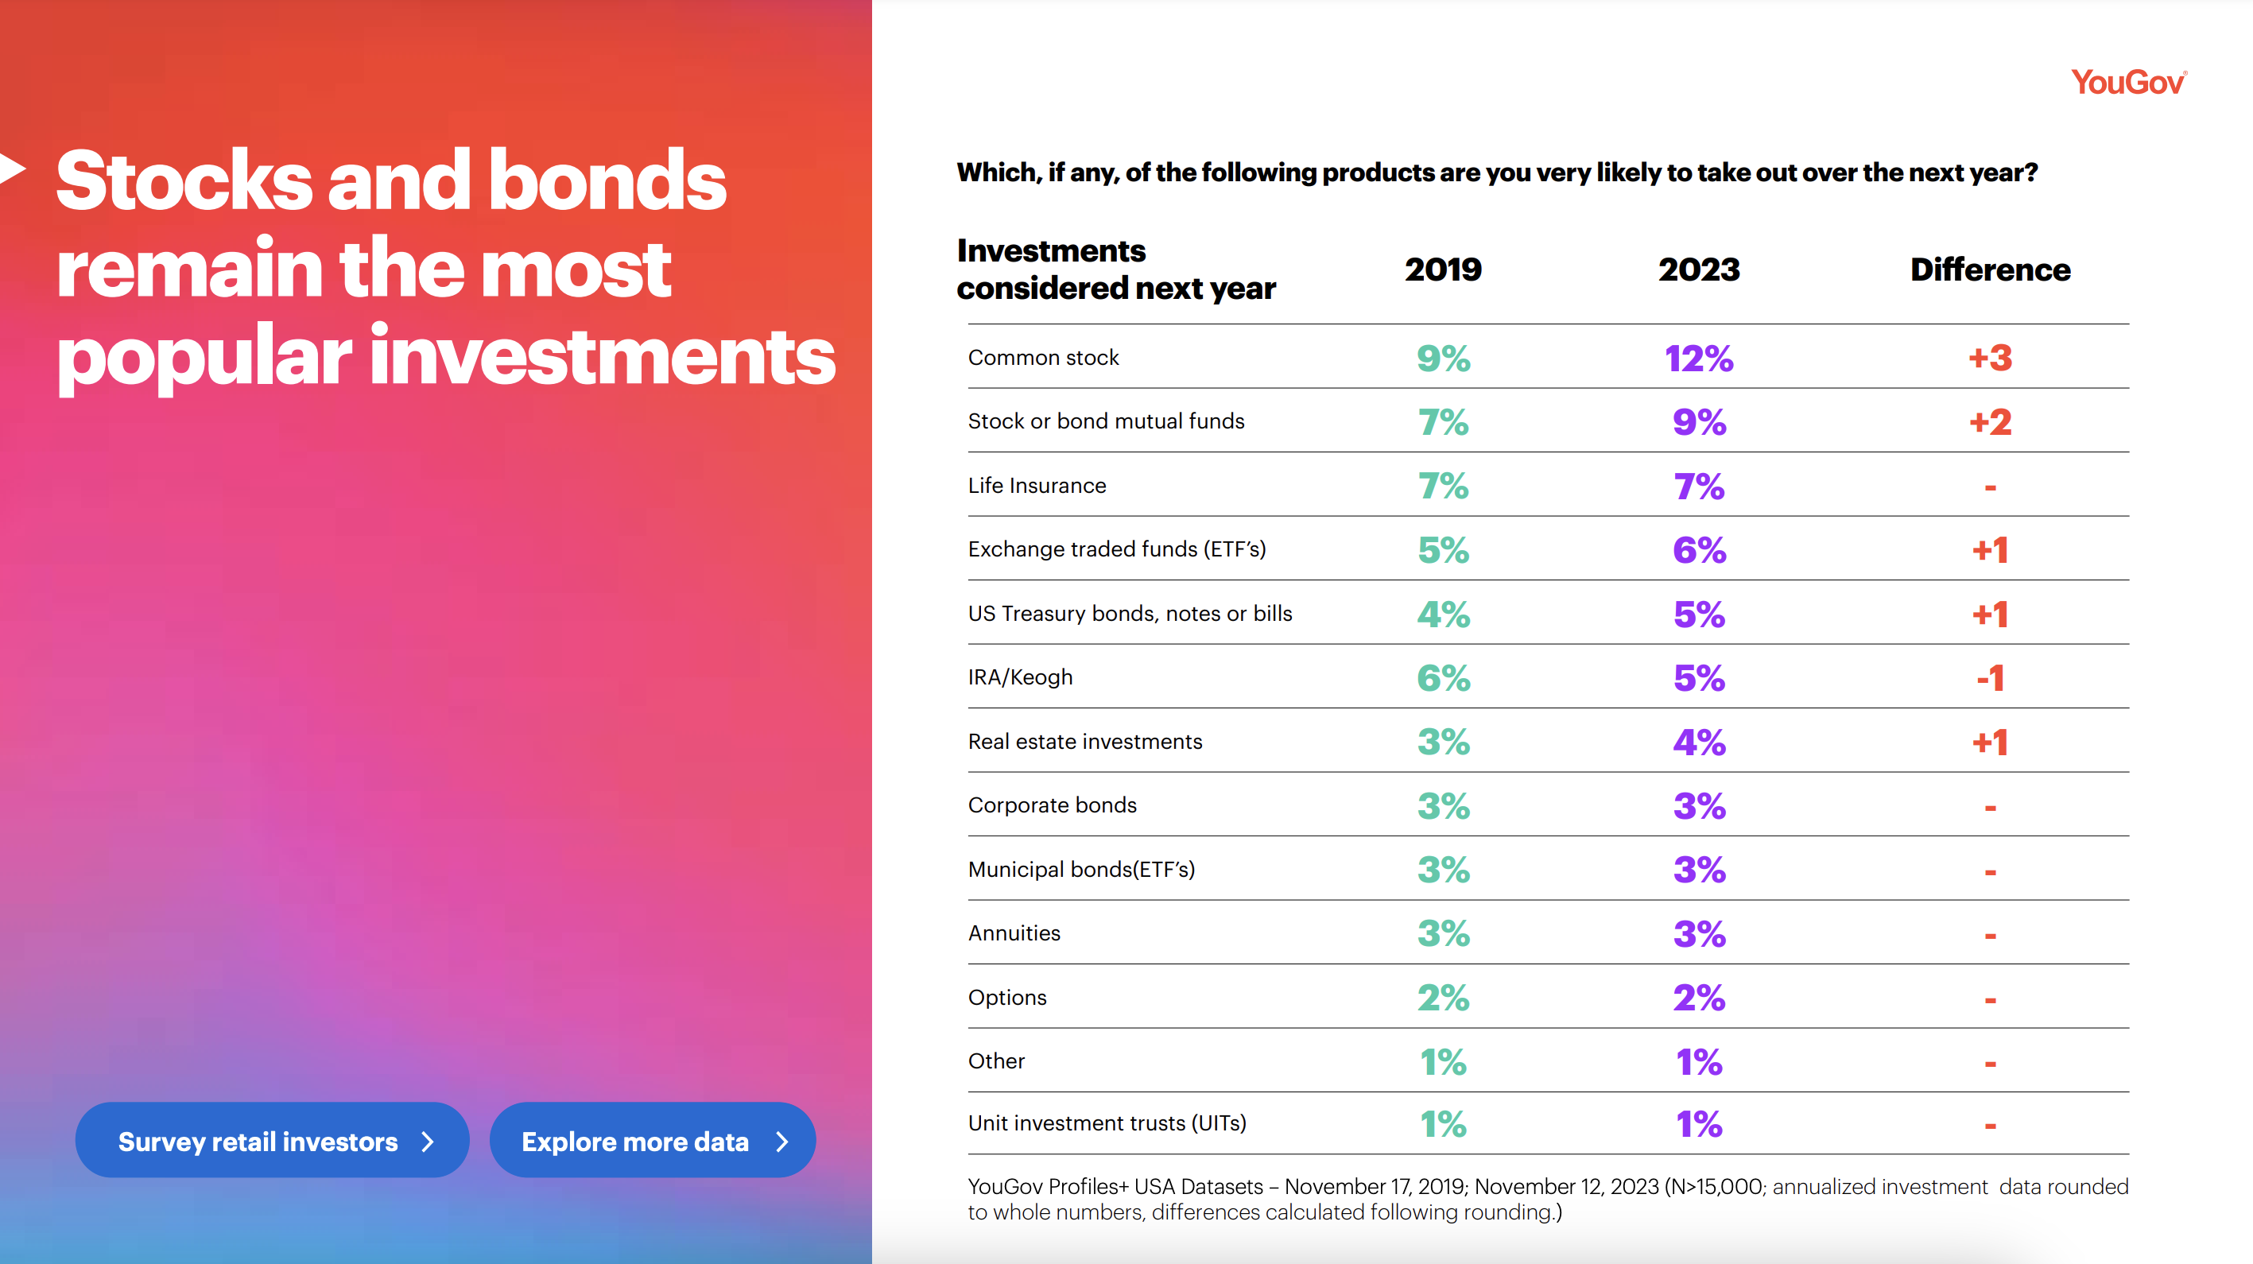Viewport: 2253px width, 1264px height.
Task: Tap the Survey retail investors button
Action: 272,1141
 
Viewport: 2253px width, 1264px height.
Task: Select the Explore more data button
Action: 653,1141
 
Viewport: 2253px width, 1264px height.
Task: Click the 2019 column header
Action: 1443,269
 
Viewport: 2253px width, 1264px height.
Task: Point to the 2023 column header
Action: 1699,269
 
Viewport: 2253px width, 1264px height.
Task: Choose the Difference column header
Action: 1990,269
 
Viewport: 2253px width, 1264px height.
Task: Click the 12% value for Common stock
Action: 1699,359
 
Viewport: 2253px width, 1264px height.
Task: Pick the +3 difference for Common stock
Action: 1990,359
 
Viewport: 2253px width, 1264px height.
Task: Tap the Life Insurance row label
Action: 1037,486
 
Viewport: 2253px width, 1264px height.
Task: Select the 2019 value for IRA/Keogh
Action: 1443,678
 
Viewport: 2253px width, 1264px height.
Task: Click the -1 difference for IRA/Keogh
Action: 1990,678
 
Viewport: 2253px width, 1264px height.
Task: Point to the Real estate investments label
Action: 1084,742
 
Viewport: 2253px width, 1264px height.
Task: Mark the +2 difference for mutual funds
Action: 1990,422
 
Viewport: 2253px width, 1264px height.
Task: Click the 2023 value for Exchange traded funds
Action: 1699,550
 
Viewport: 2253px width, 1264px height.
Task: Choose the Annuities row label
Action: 1014,933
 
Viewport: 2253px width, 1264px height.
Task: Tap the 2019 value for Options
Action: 1443,997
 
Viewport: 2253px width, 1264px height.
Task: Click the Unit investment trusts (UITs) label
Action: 1107,1123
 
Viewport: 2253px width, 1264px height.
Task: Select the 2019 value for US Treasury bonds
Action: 1443,614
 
